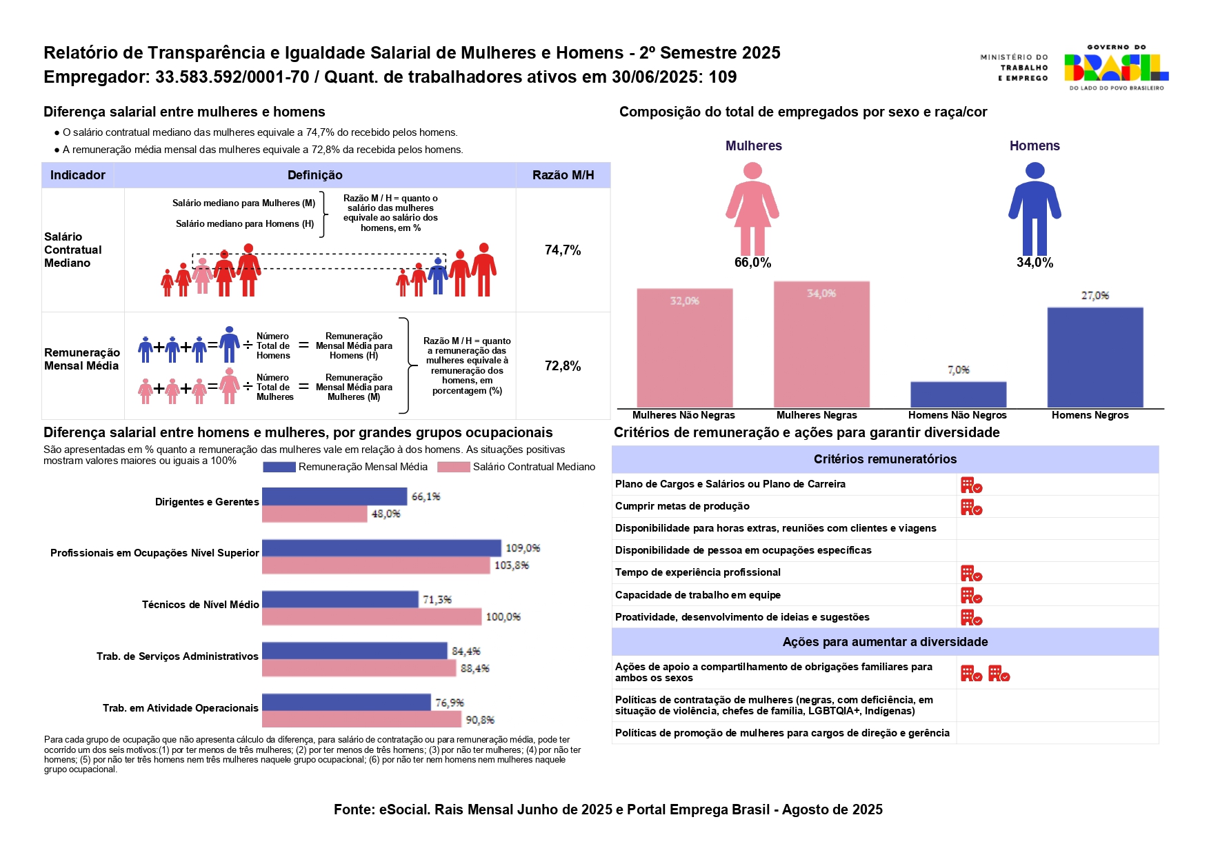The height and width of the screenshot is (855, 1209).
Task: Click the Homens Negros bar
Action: click(x=1095, y=357)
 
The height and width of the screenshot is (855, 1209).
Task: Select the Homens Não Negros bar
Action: click(x=958, y=394)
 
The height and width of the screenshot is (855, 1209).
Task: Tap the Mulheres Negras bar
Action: click(x=821, y=344)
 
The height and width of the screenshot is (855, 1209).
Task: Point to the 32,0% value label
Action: click(x=684, y=301)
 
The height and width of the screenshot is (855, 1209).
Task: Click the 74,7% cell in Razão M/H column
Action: click(x=563, y=250)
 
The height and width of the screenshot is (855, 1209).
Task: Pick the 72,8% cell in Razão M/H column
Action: click(x=563, y=366)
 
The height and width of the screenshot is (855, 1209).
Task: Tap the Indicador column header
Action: click(x=78, y=175)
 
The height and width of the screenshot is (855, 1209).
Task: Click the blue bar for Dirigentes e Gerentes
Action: click(x=334, y=496)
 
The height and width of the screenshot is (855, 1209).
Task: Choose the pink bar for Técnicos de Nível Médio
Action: click(x=371, y=616)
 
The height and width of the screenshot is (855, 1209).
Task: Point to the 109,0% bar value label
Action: click(x=523, y=548)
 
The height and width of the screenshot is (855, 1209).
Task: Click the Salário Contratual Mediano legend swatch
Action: click(x=453, y=467)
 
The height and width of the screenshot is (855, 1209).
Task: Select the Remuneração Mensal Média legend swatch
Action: click(x=279, y=467)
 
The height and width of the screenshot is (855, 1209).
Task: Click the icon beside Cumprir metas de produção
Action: click(x=971, y=507)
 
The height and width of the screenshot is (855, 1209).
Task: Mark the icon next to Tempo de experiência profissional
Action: click(x=971, y=574)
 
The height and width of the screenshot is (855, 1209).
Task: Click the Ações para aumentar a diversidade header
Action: click(x=885, y=642)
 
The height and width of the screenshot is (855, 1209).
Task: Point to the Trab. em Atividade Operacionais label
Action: click(x=181, y=708)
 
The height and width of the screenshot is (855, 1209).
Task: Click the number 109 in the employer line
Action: click(x=723, y=77)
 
